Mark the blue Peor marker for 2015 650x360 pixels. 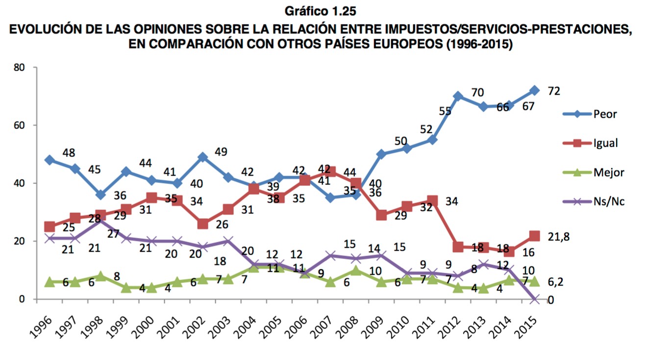[x=534, y=90]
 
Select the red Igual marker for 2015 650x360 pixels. [x=534, y=236]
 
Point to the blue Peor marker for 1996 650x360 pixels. [x=50, y=160]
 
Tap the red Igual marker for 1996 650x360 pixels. [x=50, y=227]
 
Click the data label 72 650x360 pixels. [x=554, y=91]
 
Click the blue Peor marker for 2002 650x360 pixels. [x=202, y=157]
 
